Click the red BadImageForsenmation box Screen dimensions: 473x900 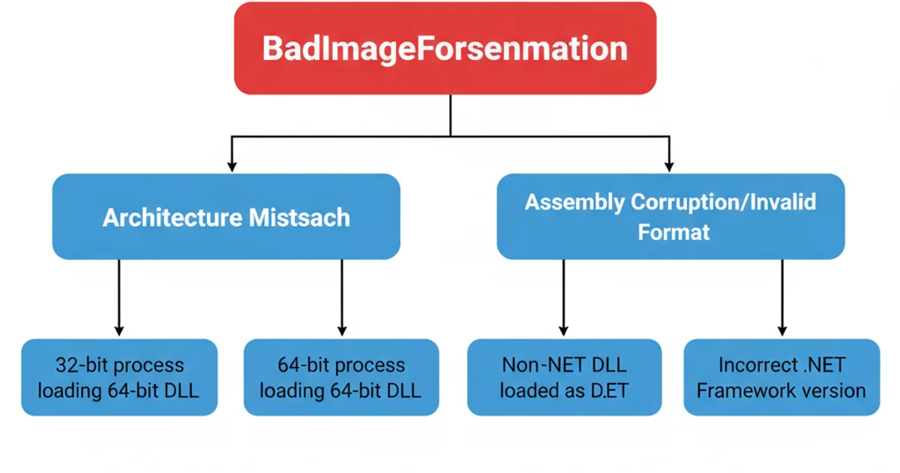[x=445, y=49]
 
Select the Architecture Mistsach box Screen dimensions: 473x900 [x=226, y=218]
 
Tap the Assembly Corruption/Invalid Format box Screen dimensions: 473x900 [x=670, y=217]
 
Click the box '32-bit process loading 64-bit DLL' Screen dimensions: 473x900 [x=119, y=378]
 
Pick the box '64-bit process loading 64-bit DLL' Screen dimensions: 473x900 [x=341, y=378]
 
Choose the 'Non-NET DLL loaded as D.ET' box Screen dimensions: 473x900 [x=564, y=378]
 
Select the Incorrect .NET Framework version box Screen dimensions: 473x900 [x=781, y=378]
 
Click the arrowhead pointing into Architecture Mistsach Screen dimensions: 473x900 [x=232, y=163]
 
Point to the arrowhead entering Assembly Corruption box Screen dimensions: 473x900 [x=669, y=163]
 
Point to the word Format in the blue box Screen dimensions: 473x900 [x=673, y=231]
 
